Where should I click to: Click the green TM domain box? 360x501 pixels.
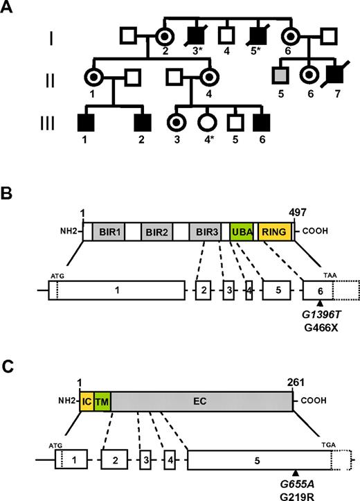[101, 401]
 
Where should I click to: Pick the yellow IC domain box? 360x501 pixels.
[86, 401]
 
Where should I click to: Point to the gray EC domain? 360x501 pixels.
[201, 401]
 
